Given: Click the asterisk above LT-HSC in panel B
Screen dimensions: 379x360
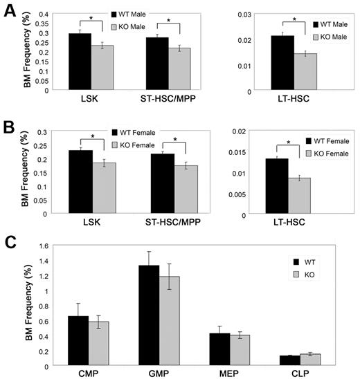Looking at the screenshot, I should [292, 144].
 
